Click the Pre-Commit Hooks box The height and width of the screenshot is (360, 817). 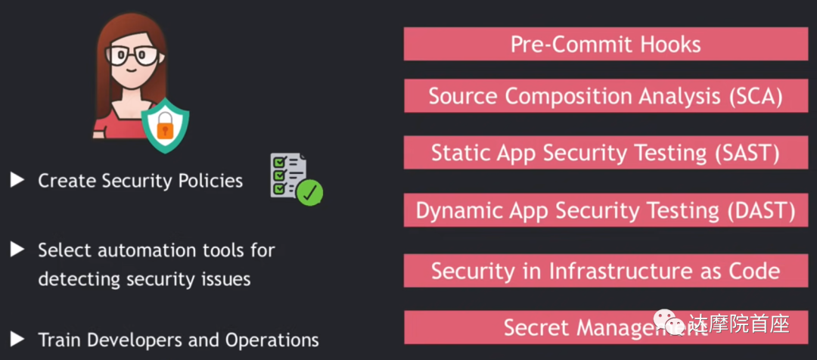coord(605,44)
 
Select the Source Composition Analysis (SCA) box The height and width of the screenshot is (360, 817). coord(605,96)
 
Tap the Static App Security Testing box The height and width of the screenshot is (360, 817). coord(605,153)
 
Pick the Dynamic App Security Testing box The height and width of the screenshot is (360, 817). coord(605,210)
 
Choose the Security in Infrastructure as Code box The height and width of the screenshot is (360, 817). coord(605,271)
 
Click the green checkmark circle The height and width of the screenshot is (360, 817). coord(309,192)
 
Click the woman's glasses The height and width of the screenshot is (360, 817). coord(132,55)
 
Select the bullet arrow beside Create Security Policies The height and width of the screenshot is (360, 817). coord(17,180)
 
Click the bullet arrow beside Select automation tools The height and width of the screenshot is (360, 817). coord(17,249)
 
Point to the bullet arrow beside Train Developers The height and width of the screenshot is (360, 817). coord(17,339)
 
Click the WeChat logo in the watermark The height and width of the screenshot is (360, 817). coord(671,324)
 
